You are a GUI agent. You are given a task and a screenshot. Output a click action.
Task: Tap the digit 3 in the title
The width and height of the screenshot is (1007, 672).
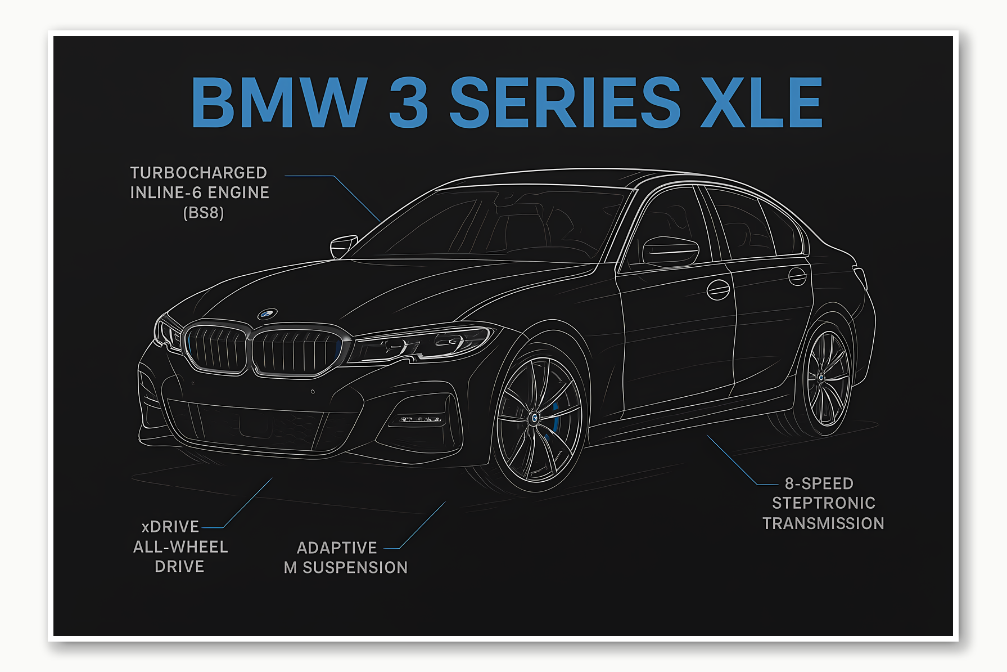tap(408, 102)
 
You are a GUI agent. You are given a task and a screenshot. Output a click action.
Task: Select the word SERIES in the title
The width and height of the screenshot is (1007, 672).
tap(565, 102)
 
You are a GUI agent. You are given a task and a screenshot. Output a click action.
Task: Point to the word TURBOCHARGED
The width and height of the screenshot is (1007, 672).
tap(198, 173)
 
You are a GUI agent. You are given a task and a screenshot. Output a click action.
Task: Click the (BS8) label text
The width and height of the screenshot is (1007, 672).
tap(204, 213)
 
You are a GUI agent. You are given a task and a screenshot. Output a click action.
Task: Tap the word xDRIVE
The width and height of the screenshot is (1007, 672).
tap(170, 527)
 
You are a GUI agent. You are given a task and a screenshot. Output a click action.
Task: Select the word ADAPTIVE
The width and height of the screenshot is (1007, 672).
tap(337, 548)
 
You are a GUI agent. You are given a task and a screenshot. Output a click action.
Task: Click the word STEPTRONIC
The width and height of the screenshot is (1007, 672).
tap(824, 503)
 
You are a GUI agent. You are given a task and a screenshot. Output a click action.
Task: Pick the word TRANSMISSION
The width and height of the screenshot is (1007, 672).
tap(823, 523)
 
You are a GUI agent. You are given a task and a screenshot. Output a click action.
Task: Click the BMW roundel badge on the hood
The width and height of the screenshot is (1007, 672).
tap(268, 313)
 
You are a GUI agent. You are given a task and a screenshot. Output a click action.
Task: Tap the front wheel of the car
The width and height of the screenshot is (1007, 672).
tap(534, 418)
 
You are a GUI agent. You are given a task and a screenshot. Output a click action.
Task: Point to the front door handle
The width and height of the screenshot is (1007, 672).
tap(718, 289)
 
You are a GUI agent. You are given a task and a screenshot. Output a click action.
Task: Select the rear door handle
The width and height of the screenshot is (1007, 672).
tap(797, 276)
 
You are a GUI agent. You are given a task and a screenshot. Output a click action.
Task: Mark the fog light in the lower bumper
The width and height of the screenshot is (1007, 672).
tap(419, 419)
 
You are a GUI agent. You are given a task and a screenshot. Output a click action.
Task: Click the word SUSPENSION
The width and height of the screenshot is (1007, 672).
tap(355, 568)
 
